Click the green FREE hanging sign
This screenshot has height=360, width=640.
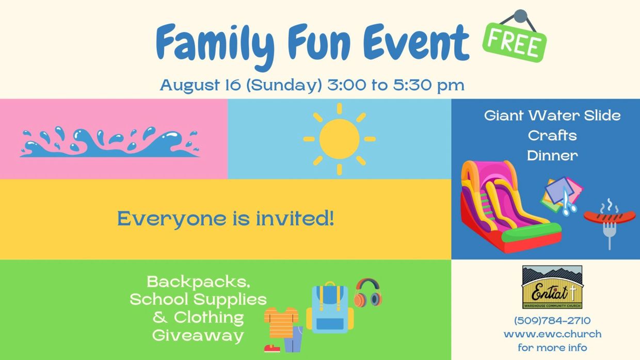514,42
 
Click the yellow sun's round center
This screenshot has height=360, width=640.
340,139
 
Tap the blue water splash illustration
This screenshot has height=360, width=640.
110,142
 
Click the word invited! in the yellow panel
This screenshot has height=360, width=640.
295,218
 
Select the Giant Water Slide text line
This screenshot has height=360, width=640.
552,116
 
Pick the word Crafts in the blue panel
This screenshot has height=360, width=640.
552,136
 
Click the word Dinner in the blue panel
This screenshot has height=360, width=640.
552,156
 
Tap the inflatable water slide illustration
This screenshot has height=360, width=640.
510,207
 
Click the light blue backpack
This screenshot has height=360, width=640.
330,308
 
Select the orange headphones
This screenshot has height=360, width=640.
368,293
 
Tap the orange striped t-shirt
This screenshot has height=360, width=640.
281,322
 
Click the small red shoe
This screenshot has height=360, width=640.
272,348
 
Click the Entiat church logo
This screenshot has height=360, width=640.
552,287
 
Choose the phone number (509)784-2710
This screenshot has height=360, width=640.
552,320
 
